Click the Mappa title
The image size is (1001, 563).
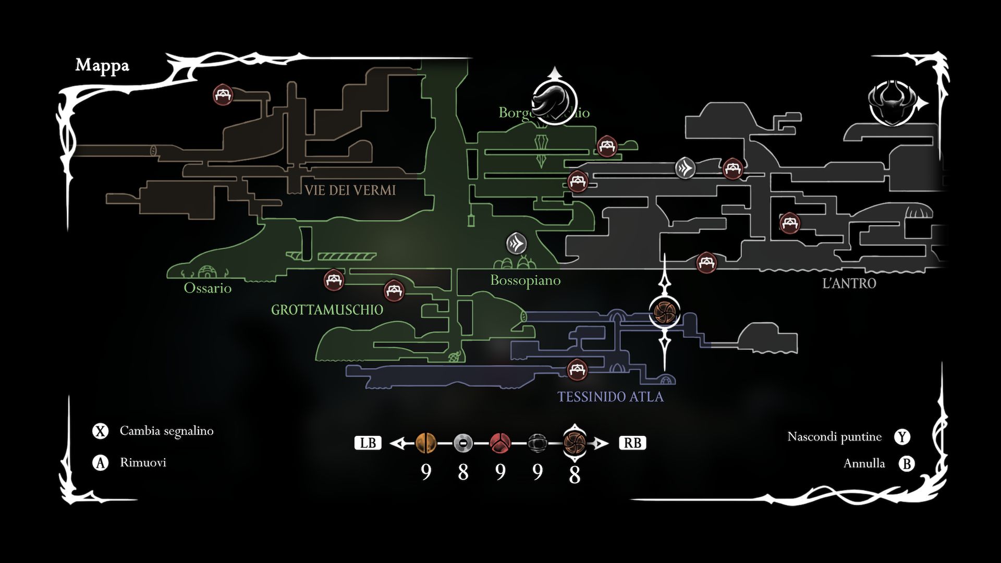tap(102, 65)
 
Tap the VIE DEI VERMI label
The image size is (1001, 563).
tap(350, 190)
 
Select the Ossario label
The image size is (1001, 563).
tap(207, 288)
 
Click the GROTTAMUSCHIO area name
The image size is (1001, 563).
tap(327, 310)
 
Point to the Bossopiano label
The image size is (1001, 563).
tap(525, 280)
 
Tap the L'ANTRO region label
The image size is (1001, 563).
tap(849, 284)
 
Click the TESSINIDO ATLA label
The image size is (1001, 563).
tap(610, 397)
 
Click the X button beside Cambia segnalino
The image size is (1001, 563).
tap(100, 431)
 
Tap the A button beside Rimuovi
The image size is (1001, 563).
tap(100, 462)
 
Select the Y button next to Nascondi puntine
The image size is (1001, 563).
tap(902, 437)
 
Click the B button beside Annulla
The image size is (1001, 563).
tap(907, 463)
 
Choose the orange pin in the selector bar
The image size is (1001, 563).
tap(426, 443)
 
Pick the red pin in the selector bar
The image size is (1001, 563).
tap(500, 443)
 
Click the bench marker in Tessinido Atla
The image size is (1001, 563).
tap(577, 370)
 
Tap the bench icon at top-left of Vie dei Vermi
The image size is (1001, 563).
tap(223, 95)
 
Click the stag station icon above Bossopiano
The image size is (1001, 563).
tap(517, 243)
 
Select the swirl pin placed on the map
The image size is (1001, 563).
tap(665, 311)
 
